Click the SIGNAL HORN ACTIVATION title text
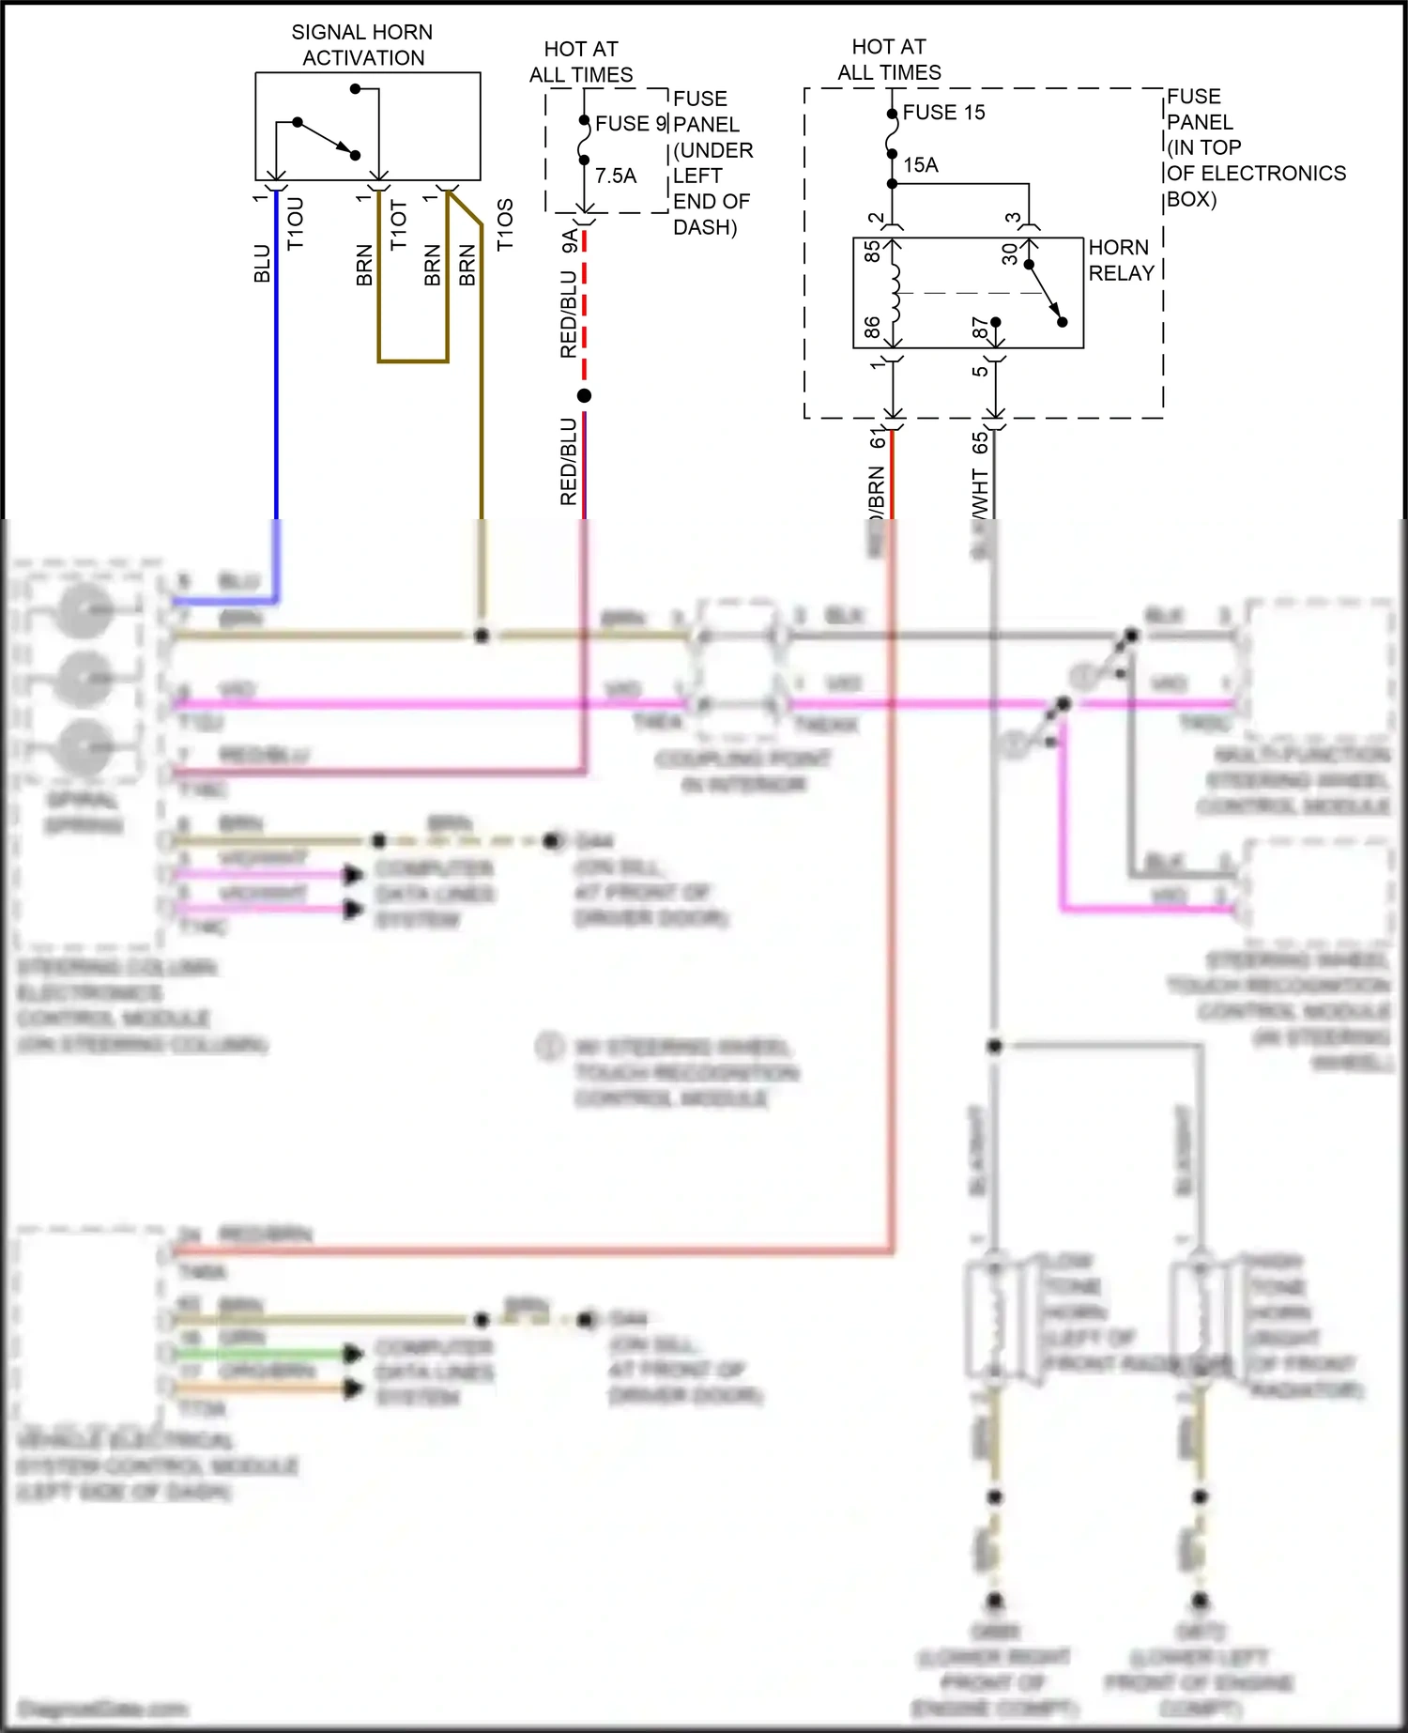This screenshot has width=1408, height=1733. [x=362, y=45]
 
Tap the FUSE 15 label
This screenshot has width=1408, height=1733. [x=943, y=113]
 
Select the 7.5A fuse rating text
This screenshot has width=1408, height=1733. [x=616, y=176]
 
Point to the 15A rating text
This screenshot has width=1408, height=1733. [x=921, y=165]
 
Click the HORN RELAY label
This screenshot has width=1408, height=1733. [x=1121, y=260]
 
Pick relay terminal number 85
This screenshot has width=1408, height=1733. [x=872, y=252]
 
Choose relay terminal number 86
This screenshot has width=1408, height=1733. [x=872, y=327]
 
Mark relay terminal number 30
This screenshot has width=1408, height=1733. [x=1010, y=253]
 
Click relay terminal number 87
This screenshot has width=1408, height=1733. [x=980, y=327]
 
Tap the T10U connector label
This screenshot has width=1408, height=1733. [x=296, y=223]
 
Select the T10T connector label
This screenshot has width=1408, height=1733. [x=399, y=225]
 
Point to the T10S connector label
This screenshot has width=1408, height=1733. [x=505, y=224]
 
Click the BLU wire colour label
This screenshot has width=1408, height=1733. [x=262, y=263]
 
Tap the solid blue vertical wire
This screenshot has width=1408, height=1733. [x=276, y=376]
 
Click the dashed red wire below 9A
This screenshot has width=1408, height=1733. [x=584, y=310]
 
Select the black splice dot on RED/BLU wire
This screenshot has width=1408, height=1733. [x=584, y=395]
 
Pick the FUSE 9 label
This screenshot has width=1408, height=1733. [x=631, y=124]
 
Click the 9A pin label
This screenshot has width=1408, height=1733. [x=569, y=241]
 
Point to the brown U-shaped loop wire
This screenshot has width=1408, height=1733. [x=413, y=360]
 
